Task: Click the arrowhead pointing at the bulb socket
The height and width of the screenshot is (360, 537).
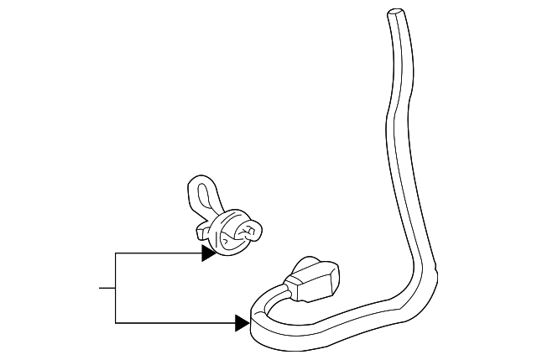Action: [x=209, y=253]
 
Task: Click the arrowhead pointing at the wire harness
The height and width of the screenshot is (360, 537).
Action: [x=242, y=322]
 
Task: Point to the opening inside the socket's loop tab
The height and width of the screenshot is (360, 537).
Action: [x=201, y=196]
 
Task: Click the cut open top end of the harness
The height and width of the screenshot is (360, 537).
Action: [x=394, y=13]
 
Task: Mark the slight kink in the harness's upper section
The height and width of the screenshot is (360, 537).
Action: [x=388, y=113]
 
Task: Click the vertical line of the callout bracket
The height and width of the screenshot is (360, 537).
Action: [x=115, y=287]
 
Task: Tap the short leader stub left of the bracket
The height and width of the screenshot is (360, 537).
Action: [x=107, y=288]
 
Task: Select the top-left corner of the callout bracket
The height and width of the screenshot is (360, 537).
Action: [x=115, y=253]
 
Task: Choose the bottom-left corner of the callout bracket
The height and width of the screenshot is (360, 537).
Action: [x=115, y=322]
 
